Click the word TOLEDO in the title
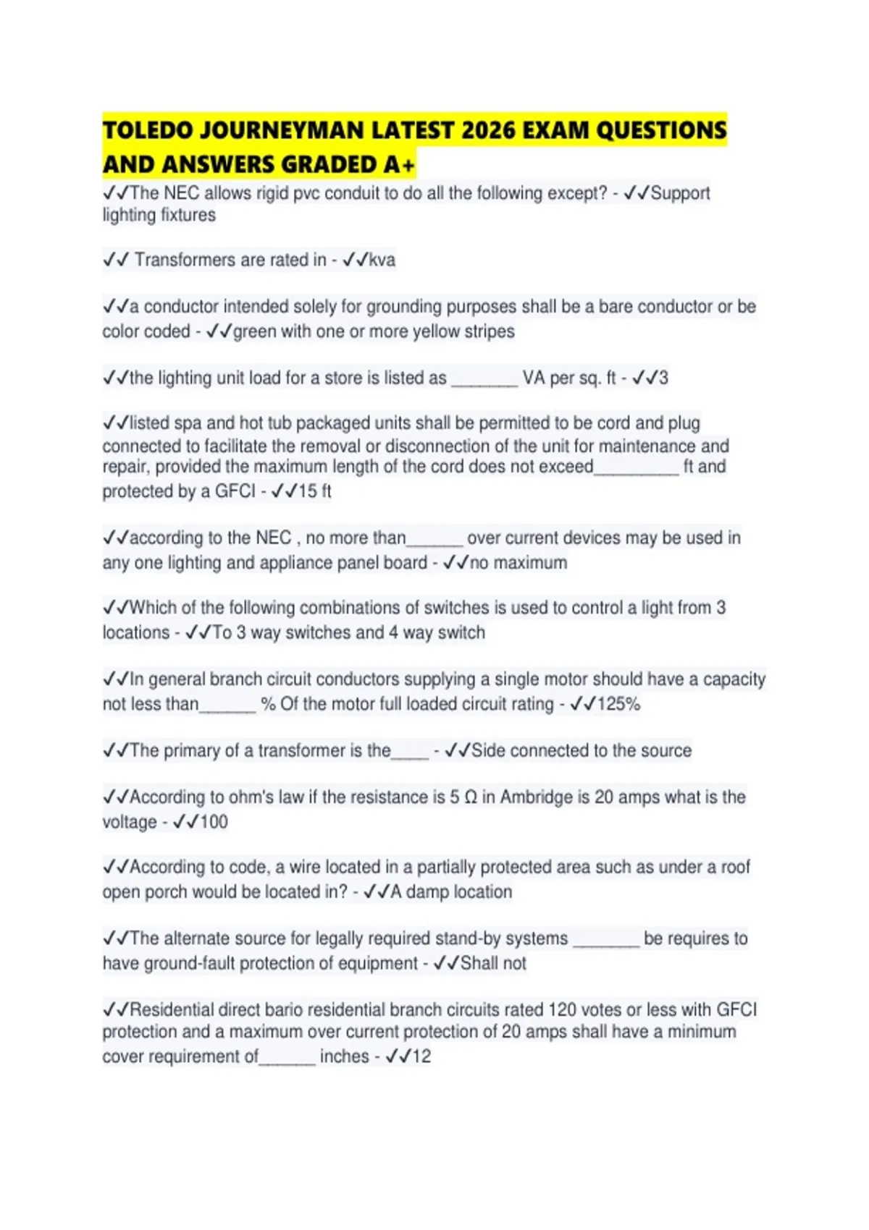[x=148, y=131]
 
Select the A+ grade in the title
[x=400, y=165]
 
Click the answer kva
[x=382, y=260]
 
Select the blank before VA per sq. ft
[x=484, y=378]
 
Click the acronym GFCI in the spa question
[x=235, y=491]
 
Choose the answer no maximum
[x=519, y=563]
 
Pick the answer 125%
[x=618, y=704]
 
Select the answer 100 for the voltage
[x=214, y=822]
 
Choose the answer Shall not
[x=493, y=964]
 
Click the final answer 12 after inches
[x=421, y=1057]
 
